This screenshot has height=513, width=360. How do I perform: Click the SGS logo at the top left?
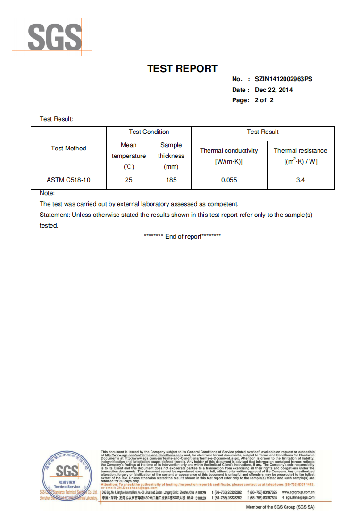click(55, 38)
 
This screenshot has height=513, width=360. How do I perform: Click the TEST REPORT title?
click(182, 69)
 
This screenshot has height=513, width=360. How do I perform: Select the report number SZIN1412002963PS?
click(283, 79)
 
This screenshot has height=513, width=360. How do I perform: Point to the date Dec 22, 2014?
click(274, 90)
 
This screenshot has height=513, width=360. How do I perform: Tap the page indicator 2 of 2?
click(264, 100)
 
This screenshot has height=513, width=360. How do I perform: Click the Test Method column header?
click(68, 149)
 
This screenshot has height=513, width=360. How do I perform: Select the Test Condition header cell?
click(149, 132)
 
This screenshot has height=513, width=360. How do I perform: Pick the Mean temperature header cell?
click(128, 156)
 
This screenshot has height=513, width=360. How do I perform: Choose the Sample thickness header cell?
click(171, 156)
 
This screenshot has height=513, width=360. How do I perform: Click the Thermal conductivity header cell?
click(229, 156)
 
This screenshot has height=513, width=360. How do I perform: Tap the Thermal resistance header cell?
click(300, 156)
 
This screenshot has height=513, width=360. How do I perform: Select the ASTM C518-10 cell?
click(68, 180)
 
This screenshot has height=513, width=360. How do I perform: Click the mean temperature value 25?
click(128, 180)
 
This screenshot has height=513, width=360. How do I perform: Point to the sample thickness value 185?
click(171, 180)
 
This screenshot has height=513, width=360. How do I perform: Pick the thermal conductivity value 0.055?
click(229, 180)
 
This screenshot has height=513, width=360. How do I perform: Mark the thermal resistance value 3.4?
click(300, 180)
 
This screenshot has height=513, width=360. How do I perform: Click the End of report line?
click(182, 237)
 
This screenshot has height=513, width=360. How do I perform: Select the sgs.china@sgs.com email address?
click(300, 498)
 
